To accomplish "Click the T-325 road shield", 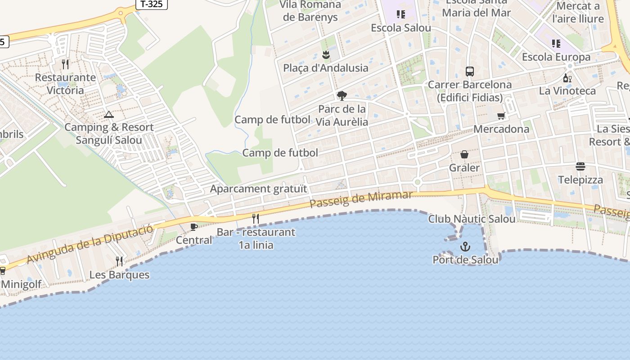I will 151,4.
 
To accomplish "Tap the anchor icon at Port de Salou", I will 465,247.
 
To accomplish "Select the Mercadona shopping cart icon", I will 501,116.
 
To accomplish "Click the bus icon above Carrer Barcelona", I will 470,71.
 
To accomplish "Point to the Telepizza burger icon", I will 580,166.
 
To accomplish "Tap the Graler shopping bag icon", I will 464,154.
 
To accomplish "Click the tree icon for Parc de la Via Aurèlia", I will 342,95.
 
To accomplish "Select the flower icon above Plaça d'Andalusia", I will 326,55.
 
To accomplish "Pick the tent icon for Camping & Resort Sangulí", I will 108,114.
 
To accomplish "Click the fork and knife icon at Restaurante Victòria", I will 66,64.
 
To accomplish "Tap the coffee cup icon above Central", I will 194,227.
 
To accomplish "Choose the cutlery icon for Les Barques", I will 119,261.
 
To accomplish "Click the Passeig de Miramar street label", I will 361,198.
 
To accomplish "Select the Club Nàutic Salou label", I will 472,219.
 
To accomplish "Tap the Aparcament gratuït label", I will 258,189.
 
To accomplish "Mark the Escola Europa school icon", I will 556,44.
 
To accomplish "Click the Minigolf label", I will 21,284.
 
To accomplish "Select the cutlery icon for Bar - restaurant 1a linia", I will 256,219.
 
